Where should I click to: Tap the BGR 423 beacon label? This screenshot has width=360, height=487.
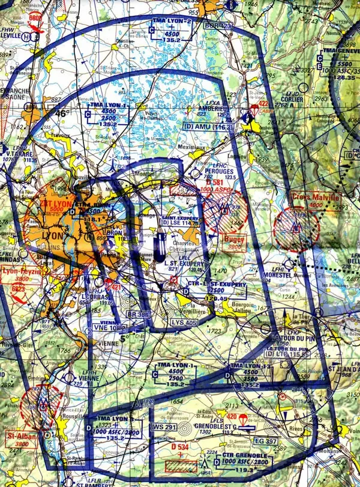[x=217, y=26]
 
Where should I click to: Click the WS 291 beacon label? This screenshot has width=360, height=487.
[x=164, y=428]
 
